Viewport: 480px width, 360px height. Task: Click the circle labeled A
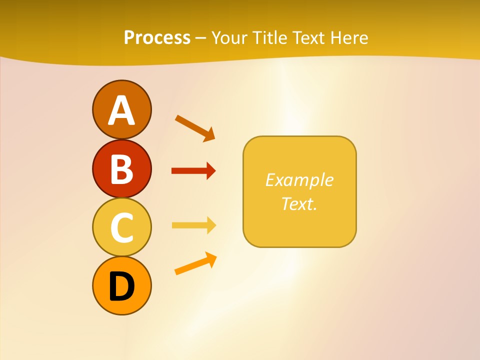(121, 109)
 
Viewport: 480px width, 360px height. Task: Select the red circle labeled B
(121, 168)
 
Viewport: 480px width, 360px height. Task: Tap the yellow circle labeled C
(121, 227)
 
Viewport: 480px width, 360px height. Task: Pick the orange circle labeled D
(121, 286)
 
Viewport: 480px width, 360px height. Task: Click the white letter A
(121, 110)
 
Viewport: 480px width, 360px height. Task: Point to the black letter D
(121, 286)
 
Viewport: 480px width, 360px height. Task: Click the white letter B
(121, 169)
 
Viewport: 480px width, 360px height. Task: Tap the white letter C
(121, 227)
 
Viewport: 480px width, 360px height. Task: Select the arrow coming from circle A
(195, 127)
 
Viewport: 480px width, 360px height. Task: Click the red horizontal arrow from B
(193, 171)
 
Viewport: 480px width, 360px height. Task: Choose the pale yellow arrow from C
(193, 225)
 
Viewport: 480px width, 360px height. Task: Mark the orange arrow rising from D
(195, 263)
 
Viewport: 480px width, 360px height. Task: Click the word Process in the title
(157, 38)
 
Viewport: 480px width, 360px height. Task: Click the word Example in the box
(299, 180)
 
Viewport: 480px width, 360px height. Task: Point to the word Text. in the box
(299, 203)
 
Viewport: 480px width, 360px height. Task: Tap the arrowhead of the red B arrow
(210, 171)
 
